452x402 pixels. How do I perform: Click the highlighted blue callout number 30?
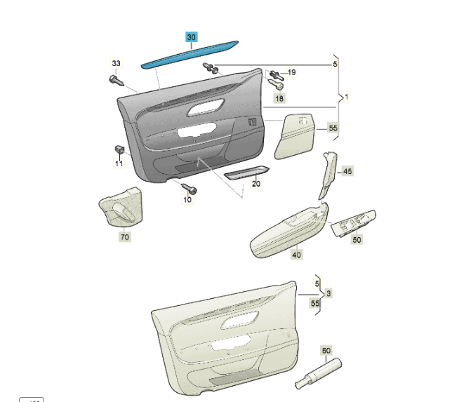(x=192, y=37)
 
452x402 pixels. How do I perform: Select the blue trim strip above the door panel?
(x=190, y=55)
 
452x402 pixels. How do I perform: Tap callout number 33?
(x=117, y=63)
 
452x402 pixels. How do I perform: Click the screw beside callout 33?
(x=117, y=81)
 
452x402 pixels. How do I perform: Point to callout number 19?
(x=292, y=72)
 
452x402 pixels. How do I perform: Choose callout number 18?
(x=279, y=98)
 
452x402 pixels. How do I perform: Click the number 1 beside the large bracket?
(x=347, y=97)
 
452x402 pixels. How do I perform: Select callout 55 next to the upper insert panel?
(x=333, y=128)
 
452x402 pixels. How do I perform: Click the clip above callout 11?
(x=119, y=150)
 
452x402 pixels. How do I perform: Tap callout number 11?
(x=119, y=163)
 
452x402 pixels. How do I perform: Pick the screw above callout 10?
(x=190, y=189)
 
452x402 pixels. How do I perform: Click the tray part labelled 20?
(x=246, y=172)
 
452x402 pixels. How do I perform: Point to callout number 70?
(x=125, y=237)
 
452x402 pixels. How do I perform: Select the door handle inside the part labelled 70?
(x=123, y=212)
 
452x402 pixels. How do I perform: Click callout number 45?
(x=347, y=171)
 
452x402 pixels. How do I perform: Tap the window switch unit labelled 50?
(x=354, y=222)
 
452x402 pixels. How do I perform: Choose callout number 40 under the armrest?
(x=297, y=255)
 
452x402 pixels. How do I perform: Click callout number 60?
(x=326, y=351)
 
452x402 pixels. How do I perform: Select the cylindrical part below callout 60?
(x=318, y=373)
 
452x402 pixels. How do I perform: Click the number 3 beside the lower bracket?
(x=328, y=294)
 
